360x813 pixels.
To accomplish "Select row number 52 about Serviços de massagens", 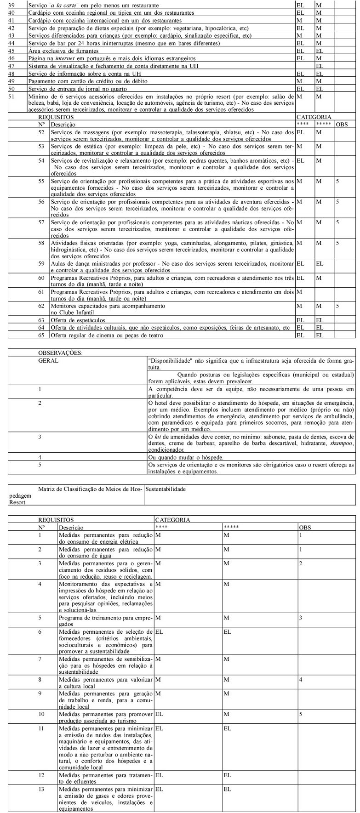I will click(x=41, y=132).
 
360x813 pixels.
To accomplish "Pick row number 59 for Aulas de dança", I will click(x=41, y=264).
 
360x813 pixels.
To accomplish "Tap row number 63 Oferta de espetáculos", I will click(x=41, y=320).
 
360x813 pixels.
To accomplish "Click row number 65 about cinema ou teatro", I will click(x=41, y=335).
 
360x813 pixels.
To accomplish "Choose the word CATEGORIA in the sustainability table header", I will click(x=172, y=519).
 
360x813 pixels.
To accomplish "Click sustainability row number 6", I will click(x=40, y=631).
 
